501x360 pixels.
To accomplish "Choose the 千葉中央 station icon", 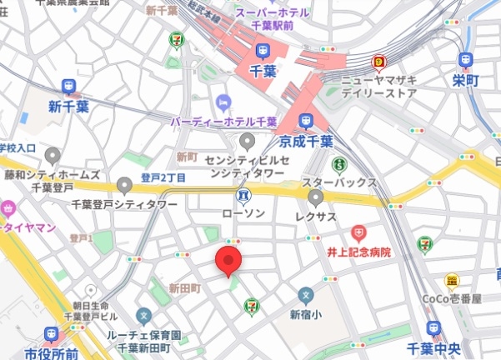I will pyautogui.click(x=433, y=328).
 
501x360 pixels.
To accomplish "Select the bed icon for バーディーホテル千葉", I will pyautogui.click(x=223, y=102).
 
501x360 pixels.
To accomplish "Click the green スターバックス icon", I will pyautogui.click(x=339, y=165).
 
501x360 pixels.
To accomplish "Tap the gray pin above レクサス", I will pyautogui.click(x=316, y=197).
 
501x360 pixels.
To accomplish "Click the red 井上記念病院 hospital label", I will pyautogui.click(x=358, y=251).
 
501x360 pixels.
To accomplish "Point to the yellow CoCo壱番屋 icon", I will pyautogui.click(x=452, y=281).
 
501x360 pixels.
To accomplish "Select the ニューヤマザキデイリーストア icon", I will pyautogui.click(x=379, y=62).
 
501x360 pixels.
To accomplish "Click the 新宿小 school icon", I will pyautogui.click(x=306, y=295).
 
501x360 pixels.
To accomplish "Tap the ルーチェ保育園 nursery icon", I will pyautogui.click(x=143, y=316).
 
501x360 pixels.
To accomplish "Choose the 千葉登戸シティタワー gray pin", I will pyautogui.click(x=125, y=185).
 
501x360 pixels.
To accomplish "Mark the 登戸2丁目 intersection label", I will pyautogui.click(x=163, y=177).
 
